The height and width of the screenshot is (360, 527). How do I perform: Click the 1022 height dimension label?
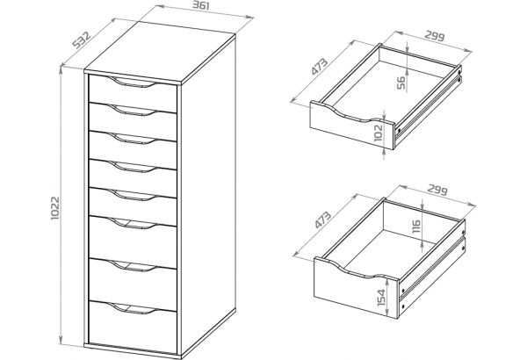tap(55, 208)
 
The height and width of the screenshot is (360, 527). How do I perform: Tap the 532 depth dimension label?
tap(82, 40)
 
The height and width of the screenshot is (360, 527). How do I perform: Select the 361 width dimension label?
tap(201, 6)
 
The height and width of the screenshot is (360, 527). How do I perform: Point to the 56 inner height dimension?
tap(401, 83)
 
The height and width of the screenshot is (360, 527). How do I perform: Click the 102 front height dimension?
tap(378, 133)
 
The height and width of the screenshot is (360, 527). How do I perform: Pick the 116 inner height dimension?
tap(415, 227)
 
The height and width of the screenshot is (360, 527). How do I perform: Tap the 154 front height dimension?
tap(381, 297)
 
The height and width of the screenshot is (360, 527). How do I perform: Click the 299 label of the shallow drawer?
tap(435, 36)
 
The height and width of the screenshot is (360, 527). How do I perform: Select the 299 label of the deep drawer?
tap(437, 191)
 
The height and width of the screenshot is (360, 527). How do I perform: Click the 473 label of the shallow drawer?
tap(320, 67)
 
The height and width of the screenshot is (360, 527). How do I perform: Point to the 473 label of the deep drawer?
tap(323, 220)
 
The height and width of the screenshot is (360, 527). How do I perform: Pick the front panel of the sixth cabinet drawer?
tap(133, 242)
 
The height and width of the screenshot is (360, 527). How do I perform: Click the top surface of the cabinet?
tap(160, 52)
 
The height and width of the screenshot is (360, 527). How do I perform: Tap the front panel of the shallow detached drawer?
tap(351, 129)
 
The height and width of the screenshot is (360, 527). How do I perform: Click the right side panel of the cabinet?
tap(208, 195)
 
